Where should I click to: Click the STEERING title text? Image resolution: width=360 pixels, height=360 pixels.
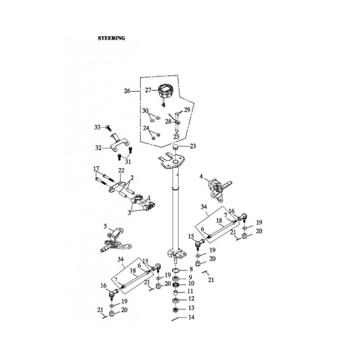click(x=111, y=38)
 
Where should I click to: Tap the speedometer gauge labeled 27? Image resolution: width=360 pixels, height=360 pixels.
click(x=166, y=91)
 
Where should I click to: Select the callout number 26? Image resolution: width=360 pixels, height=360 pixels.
click(x=127, y=91)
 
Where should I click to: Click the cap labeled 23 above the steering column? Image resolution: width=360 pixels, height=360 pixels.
click(x=176, y=147)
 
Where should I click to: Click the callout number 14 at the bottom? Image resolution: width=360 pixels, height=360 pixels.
click(x=191, y=318)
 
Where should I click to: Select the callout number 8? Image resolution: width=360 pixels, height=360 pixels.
click(x=191, y=269)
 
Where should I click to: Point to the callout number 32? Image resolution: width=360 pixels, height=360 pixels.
click(x=98, y=147)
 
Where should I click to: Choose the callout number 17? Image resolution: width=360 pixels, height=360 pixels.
click(x=96, y=169)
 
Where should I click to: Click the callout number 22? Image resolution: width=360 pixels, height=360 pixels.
click(x=121, y=171)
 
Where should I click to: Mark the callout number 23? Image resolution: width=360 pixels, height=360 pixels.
click(x=193, y=146)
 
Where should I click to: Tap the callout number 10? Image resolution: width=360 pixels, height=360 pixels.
click(x=191, y=283)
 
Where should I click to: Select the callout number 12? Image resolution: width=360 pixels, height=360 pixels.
click(x=191, y=299)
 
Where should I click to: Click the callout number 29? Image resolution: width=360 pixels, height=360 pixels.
click(x=187, y=109)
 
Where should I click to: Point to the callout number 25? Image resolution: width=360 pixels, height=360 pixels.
click(x=176, y=137)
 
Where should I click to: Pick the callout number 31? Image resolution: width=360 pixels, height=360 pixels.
click(x=128, y=162)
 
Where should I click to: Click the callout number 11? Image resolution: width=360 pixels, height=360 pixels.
click(x=191, y=291)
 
